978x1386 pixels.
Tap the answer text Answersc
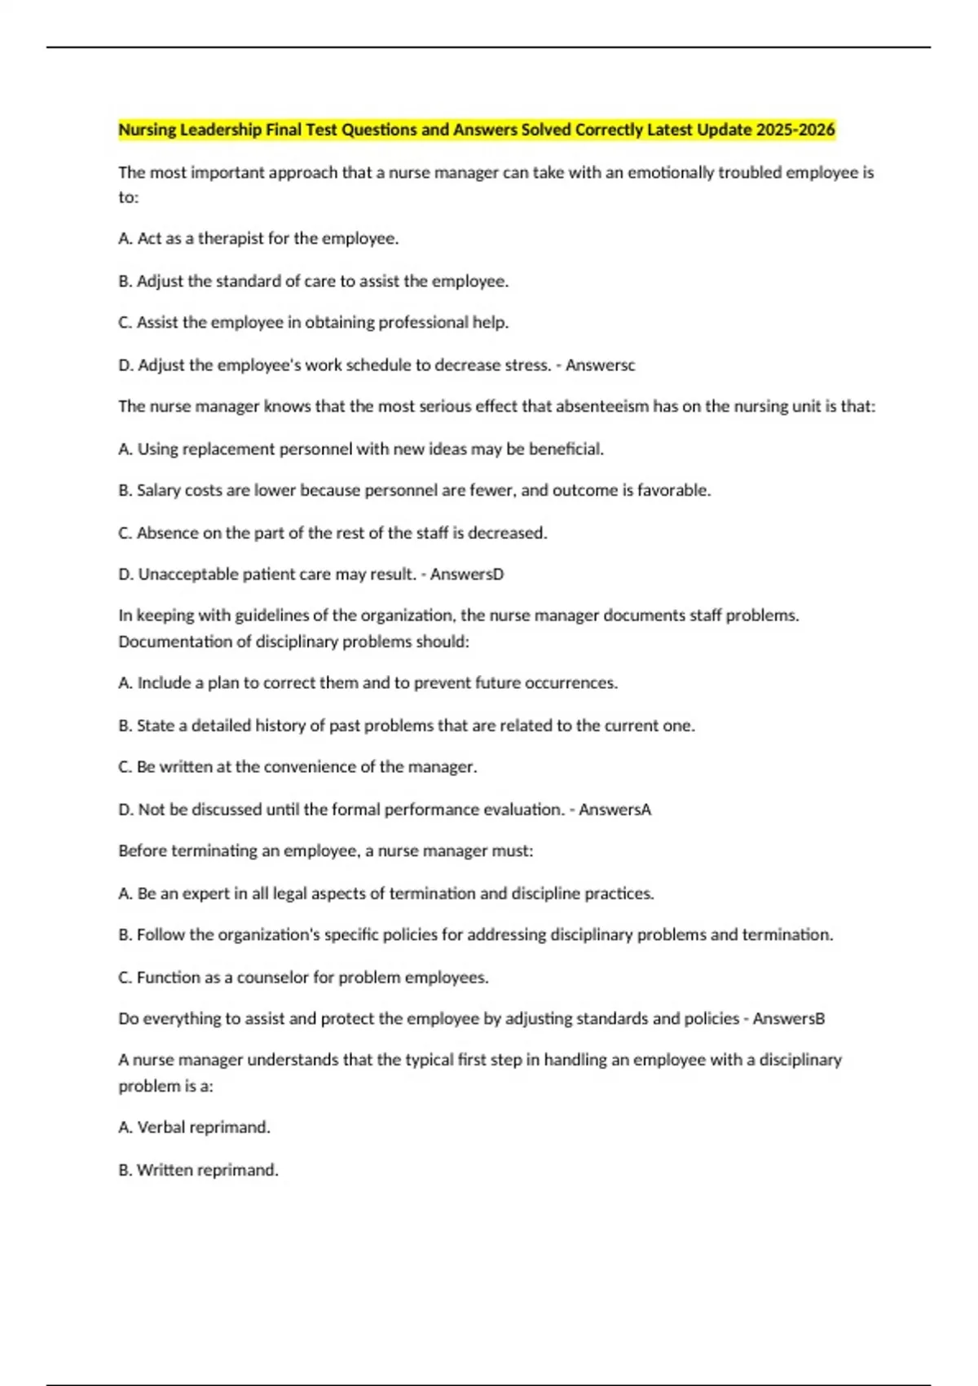tap(600, 365)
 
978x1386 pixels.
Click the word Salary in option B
tap(159, 491)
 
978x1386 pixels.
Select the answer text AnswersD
tap(467, 575)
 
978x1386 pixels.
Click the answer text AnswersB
tap(789, 1019)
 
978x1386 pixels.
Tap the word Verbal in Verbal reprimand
tap(161, 1128)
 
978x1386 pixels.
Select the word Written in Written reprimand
tap(164, 1170)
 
